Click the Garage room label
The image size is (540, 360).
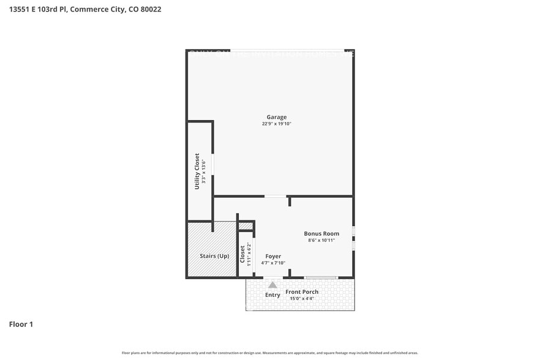[x=276, y=117]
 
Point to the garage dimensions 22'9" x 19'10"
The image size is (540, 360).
[x=276, y=124]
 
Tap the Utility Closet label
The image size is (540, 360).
[x=197, y=171]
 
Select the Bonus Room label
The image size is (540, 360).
[x=321, y=234]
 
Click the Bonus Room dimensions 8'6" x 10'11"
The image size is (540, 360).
[x=321, y=241]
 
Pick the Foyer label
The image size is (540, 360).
[x=273, y=256]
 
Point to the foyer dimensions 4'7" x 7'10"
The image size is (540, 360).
[x=273, y=263]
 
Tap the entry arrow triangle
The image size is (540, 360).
[x=272, y=284]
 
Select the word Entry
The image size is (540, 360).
[x=272, y=295]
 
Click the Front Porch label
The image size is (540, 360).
[x=319, y=292]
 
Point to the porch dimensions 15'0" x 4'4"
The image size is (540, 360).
[x=319, y=299]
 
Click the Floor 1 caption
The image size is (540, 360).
[x=21, y=324]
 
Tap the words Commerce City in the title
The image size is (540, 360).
[x=103, y=10]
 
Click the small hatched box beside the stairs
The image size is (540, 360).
[x=246, y=226]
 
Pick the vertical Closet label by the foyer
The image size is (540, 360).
[x=242, y=253]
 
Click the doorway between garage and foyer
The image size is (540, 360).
[x=276, y=197]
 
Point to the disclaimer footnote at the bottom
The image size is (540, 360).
[x=270, y=353]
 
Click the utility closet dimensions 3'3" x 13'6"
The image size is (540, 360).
[x=203, y=171]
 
